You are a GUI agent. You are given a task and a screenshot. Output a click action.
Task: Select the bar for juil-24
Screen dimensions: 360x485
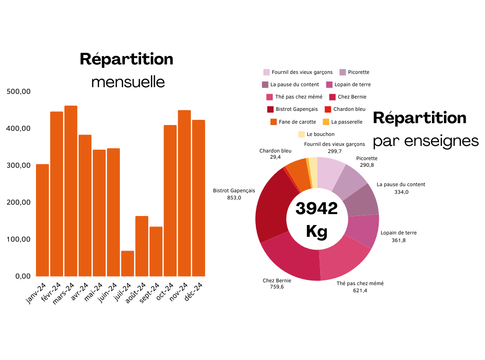point(127,263)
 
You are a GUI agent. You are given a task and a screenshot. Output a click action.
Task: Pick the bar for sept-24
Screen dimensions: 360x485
point(156,252)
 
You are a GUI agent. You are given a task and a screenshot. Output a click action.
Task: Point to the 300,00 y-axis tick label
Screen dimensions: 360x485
point(19,165)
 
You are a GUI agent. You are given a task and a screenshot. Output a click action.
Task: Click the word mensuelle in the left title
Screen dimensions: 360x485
point(128,82)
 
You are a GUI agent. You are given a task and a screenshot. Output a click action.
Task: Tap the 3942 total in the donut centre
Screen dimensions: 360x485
point(316,208)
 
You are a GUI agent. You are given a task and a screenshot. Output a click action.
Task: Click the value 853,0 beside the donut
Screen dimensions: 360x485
point(234,198)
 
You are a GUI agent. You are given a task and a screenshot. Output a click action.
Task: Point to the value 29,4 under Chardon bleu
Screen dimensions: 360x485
point(275,157)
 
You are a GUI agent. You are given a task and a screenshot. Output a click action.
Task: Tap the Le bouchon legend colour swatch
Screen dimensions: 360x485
point(301,134)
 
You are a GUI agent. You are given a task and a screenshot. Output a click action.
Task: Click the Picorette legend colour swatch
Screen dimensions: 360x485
point(342,72)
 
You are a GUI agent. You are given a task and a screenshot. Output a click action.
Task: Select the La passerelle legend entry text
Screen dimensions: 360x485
point(347,122)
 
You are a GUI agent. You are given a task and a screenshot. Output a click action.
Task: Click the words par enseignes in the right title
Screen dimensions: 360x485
point(426,141)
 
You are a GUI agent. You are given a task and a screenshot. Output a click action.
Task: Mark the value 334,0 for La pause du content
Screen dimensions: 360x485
point(401,192)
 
